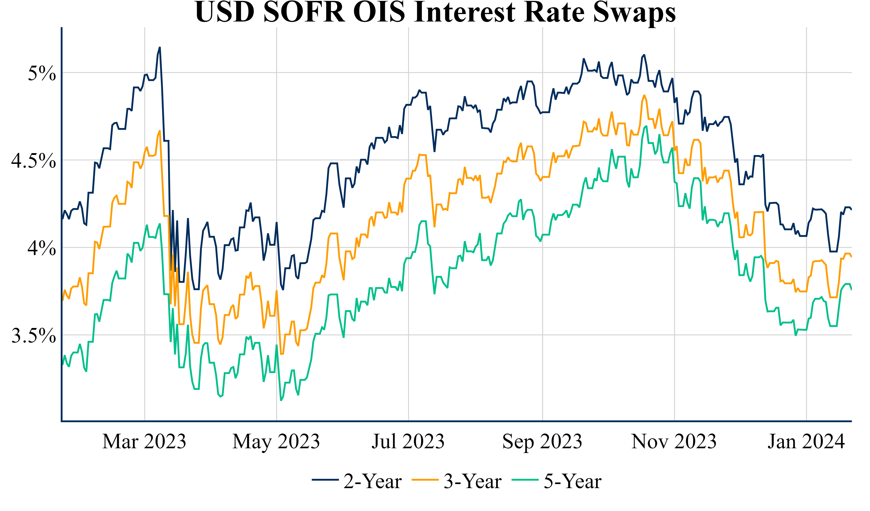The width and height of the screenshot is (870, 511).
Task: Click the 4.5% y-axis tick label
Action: pyautogui.click(x=34, y=161)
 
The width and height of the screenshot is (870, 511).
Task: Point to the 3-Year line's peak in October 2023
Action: pyautogui.click(x=644, y=95)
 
